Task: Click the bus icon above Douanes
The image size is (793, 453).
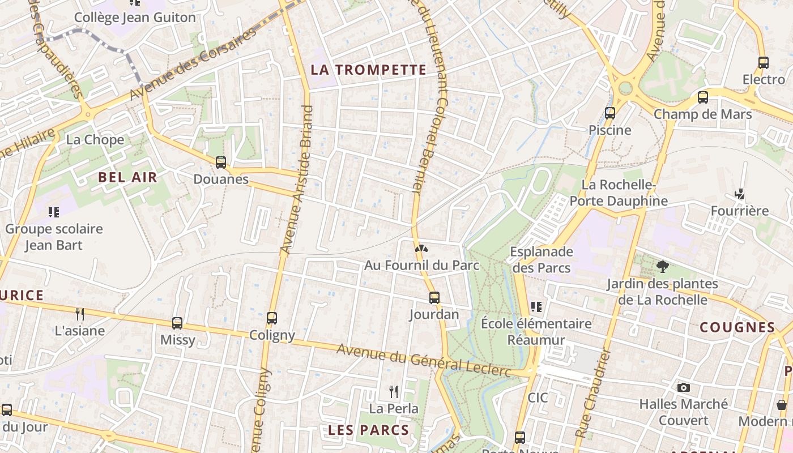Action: coord(221,163)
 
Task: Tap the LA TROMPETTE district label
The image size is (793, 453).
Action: coord(368,70)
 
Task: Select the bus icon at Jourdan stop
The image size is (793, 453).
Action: coord(434,297)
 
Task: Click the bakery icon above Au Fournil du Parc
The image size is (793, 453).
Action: coord(421,248)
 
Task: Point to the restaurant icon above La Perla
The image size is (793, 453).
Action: coord(394,391)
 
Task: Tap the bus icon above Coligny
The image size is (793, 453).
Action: coord(272,318)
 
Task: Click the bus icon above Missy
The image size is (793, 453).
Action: coord(177,323)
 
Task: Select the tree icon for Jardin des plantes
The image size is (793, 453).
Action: coord(662,266)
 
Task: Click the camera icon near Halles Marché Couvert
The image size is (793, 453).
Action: coord(684,388)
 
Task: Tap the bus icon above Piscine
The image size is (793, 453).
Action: coord(610,113)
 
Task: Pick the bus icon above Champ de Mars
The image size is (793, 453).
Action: coord(703,97)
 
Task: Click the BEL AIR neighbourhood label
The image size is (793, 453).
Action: coord(127,177)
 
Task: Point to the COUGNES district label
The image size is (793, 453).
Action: coord(737,327)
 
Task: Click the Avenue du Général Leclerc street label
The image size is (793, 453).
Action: coord(424,360)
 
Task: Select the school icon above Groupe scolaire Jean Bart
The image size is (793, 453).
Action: coord(54,212)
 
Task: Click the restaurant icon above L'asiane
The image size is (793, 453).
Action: coord(80,314)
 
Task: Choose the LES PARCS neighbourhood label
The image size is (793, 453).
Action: coord(368,430)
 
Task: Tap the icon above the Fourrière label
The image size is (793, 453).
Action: coord(740,194)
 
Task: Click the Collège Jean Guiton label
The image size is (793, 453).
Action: coord(135,18)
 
